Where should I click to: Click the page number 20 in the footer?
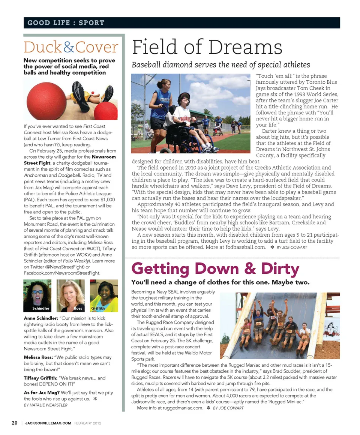pos(15,423)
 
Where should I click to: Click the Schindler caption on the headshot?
pos(41,308)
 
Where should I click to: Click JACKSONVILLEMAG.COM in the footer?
pos(48,423)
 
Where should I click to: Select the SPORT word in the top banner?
pos(91,23)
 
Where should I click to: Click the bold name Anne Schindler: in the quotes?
pos(40,318)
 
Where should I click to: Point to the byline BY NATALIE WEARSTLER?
pos(46,405)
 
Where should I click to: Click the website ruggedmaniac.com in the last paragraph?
pos(182,408)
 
